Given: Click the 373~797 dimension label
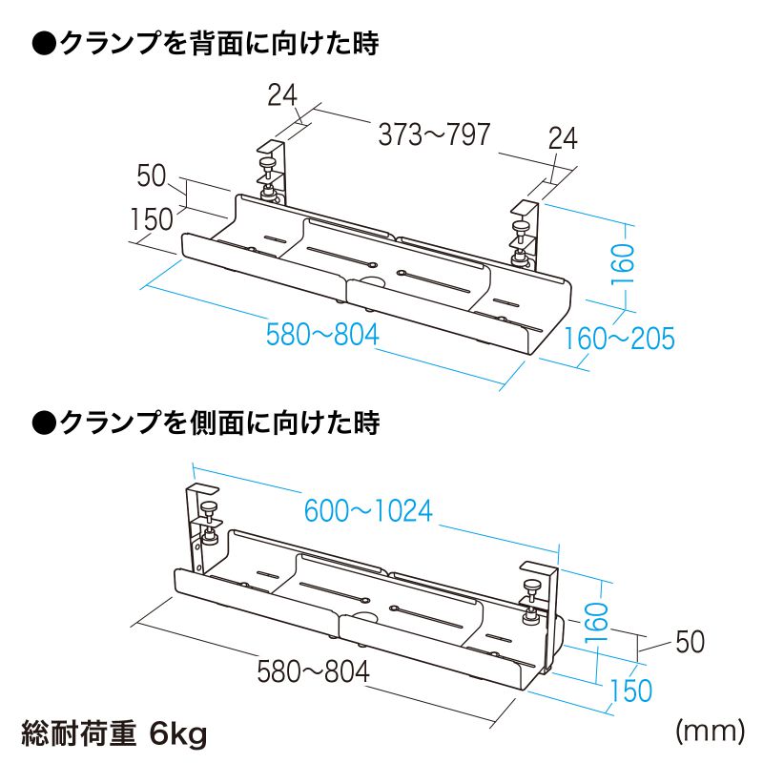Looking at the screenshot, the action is click(x=434, y=134).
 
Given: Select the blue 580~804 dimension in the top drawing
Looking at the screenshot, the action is click(x=322, y=335).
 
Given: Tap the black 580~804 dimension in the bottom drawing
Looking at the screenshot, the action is click(x=314, y=671).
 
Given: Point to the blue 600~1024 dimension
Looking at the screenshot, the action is click(x=368, y=510).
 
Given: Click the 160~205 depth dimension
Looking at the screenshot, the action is click(x=619, y=339).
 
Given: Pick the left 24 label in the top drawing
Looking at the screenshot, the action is click(x=282, y=94).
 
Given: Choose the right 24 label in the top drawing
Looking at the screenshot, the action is click(x=563, y=138).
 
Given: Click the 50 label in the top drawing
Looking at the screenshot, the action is click(x=152, y=175).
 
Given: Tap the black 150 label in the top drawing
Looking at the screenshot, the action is click(x=152, y=219).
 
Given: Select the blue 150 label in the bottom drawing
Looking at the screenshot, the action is click(x=631, y=690).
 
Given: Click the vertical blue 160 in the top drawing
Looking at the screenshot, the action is click(x=623, y=264).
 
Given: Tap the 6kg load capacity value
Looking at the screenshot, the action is click(x=178, y=733).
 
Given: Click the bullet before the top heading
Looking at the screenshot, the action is click(x=44, y=44).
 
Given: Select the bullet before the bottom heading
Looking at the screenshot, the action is click(x=44, y=423).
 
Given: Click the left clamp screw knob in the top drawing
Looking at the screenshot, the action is click(x=267, y=162).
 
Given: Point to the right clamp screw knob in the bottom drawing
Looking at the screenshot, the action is click(x=532, y=586).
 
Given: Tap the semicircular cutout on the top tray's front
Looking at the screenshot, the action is click(x=372, y=280).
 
